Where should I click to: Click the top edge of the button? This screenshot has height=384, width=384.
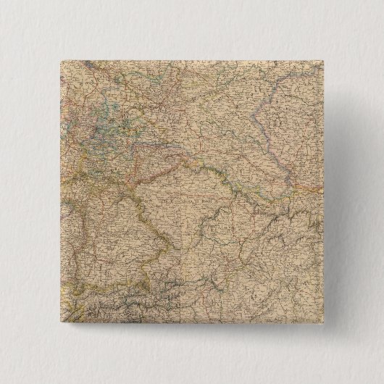(191, 58)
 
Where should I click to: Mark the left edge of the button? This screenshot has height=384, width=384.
(55, 193)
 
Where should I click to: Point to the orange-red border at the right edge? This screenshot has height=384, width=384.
(319, 184)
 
